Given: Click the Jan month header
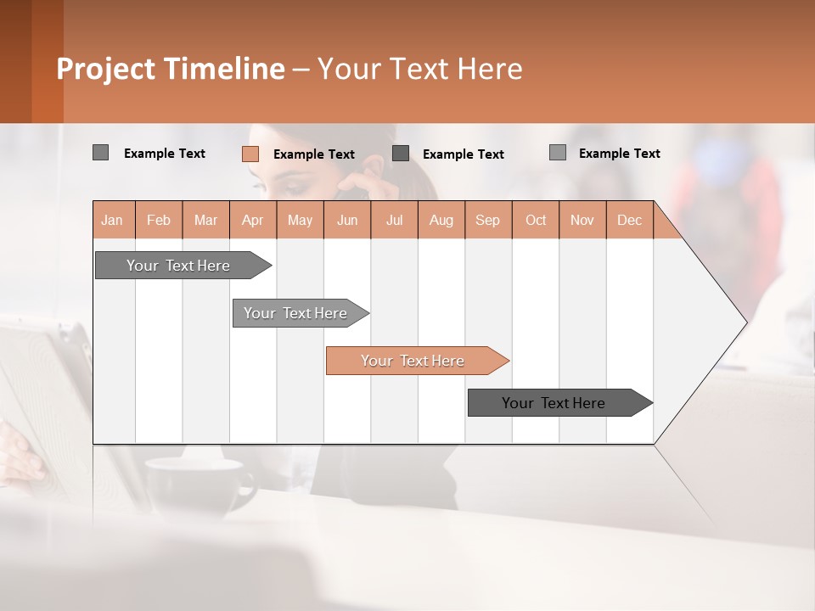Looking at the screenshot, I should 113,220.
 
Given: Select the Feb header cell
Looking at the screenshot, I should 159,220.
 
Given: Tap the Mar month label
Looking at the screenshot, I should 205,220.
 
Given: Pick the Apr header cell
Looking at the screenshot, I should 253,220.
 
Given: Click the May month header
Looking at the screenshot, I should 300,220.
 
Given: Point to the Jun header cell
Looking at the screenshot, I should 347,220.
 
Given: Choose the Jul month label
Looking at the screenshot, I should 394,220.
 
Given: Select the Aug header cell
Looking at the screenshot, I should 441,220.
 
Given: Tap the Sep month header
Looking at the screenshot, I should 488,220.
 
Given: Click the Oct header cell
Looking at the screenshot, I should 536,220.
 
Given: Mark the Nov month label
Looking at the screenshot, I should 582,220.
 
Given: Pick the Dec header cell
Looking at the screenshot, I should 629,220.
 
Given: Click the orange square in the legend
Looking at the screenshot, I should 250,154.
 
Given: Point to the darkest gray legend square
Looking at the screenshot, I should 401,153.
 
